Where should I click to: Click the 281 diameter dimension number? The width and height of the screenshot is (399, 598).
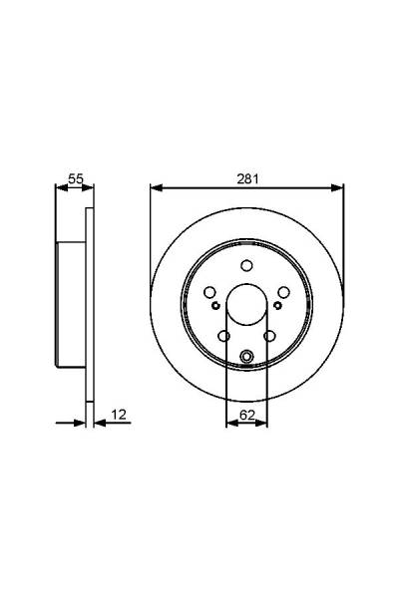point(247,178)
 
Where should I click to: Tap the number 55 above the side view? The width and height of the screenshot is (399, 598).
point(75,178)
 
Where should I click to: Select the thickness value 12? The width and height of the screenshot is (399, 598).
point(119,415)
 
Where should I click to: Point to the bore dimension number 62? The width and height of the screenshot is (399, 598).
point(247,416)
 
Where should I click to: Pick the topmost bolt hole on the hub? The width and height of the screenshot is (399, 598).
point(247,265)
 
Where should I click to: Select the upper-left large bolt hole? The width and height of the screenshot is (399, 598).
point(209,292)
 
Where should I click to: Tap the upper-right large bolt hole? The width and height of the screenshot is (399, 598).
point(283,292)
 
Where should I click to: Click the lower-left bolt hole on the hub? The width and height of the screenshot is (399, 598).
point(224,336)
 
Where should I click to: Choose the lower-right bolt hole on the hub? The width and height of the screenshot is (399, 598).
point(269,336)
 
